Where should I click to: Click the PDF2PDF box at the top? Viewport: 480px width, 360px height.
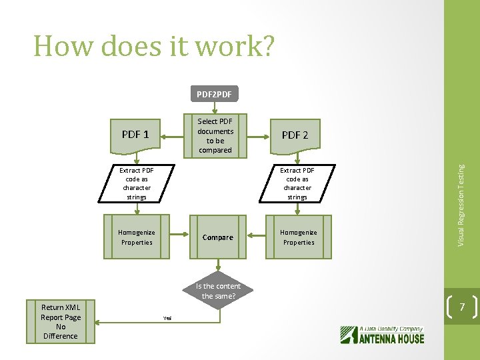215,94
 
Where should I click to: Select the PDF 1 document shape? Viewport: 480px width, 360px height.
136,135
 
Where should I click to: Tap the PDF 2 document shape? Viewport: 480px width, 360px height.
295,135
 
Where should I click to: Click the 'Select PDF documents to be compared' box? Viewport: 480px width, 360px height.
215,135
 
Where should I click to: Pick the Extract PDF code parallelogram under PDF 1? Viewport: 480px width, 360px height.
136,183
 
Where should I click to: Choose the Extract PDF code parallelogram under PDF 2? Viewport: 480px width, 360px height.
297,183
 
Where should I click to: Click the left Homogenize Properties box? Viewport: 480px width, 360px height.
136,237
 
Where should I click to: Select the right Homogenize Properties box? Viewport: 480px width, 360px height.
298,237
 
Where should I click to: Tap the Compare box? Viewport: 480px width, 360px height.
218,237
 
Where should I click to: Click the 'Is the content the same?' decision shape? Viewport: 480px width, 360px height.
218,291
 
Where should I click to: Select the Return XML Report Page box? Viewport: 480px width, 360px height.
61,321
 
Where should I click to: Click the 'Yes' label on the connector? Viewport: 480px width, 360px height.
167,318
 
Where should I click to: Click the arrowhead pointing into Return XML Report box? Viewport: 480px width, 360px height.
99,322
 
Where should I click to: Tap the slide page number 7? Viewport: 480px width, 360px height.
462,307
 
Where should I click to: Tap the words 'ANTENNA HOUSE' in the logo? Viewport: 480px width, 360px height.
392,338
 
